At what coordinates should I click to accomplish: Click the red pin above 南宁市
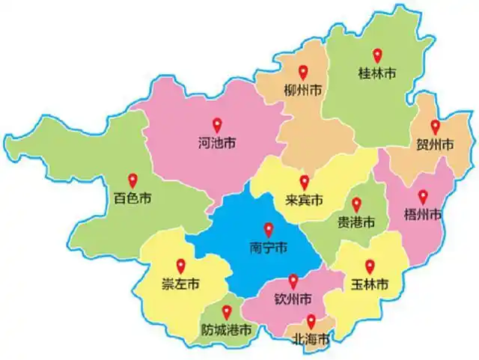click(269, 230)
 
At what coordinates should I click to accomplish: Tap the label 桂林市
click(377, 72)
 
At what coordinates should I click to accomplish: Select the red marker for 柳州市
click(303, 73)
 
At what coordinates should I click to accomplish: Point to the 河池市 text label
click(216, 141)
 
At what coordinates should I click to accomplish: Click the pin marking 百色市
click(133, 180)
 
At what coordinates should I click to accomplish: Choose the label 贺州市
click(435, 144)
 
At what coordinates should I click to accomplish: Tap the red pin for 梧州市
click(423, 197)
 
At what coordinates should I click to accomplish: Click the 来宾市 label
click(305, 201)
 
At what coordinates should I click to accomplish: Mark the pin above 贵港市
click(356, 204)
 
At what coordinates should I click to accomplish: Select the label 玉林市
click(369, 284)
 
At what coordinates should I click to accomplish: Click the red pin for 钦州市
click(293, 281)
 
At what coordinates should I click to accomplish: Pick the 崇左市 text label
click(180, 284)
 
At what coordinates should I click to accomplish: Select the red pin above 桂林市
click(377, 55)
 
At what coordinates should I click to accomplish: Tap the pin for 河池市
click(216, 124)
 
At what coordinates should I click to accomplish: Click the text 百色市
click(133, 199)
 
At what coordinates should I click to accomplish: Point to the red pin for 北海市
click(310, 322)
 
